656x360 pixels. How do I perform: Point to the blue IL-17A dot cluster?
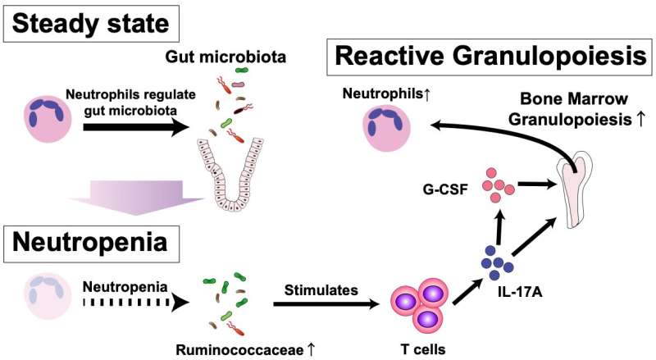tap(497, 262)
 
